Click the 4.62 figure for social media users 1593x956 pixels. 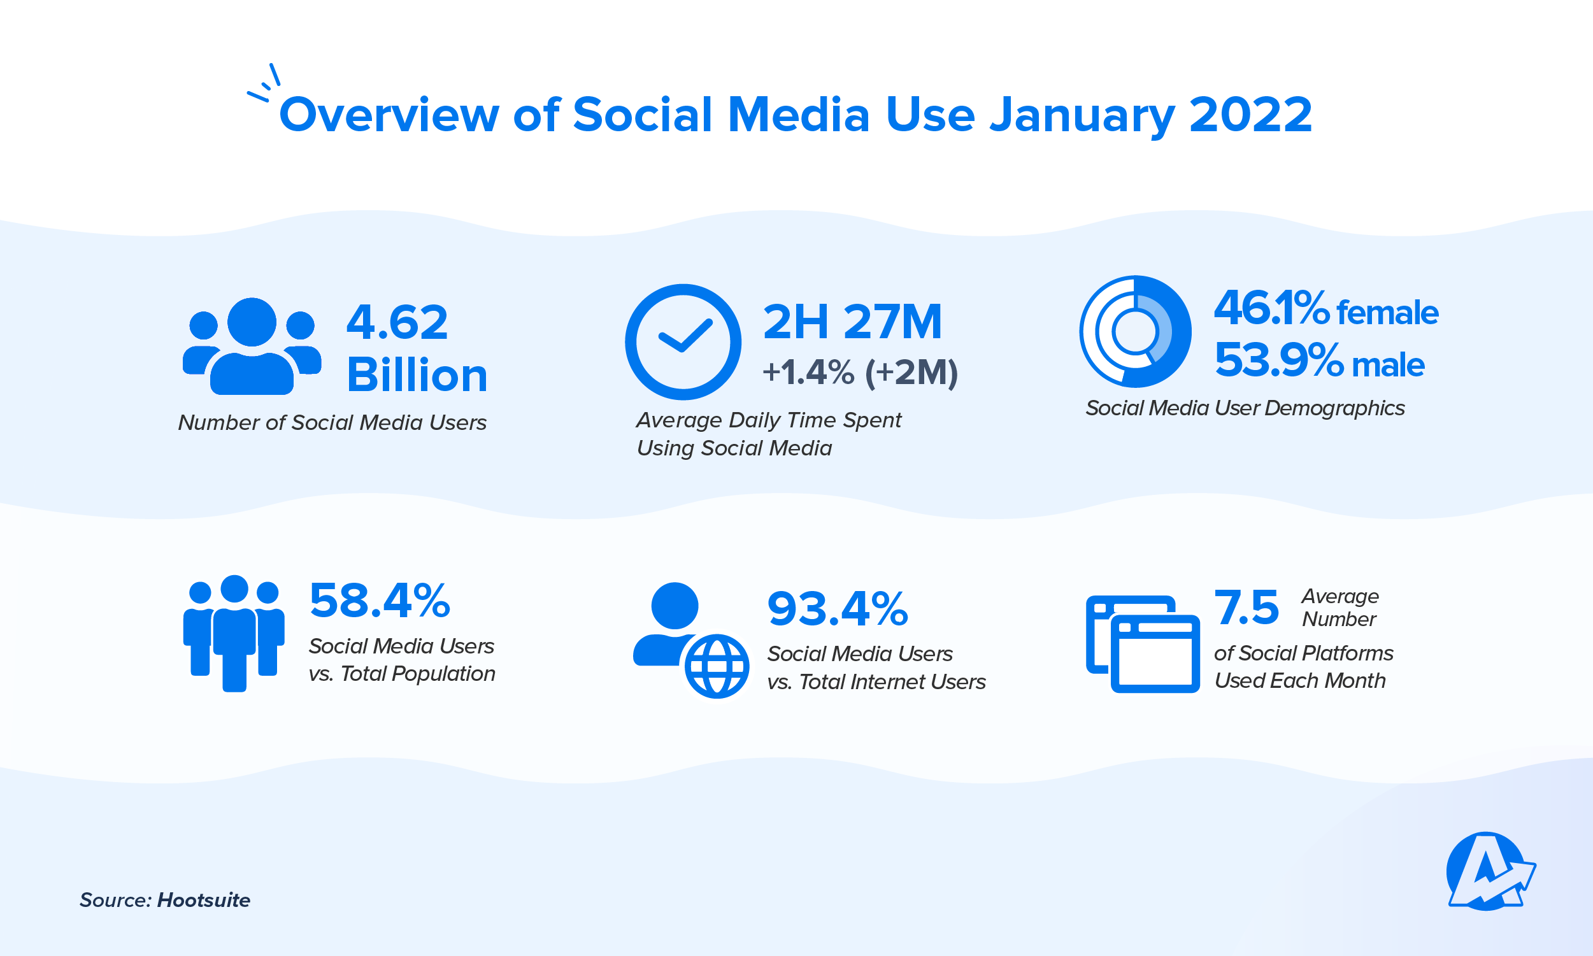coord(397,322)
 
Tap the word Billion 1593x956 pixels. coord(417,375)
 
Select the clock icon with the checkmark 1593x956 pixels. coord(683,341)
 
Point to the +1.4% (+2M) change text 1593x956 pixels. coord(859,373)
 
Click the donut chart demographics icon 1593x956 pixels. coord(1135,332)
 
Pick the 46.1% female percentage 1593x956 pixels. coord(1325,309)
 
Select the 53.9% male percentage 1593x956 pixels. coord(1318,362)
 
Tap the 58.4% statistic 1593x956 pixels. coord(380,601)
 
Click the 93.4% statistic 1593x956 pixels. coord(838,609)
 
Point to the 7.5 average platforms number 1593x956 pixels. coord(1246,608)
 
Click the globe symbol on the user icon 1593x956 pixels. coord(717,666)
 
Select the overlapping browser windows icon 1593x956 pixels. coord(1142,643)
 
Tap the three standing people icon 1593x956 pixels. coord(234,632)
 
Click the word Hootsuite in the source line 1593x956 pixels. coord(204,900)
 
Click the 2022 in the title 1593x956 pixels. coord(1250,115)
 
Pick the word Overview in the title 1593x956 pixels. coord(389,115)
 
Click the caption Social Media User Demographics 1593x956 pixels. coord(1245,408)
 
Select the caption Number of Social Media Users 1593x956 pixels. coord(332,423)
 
